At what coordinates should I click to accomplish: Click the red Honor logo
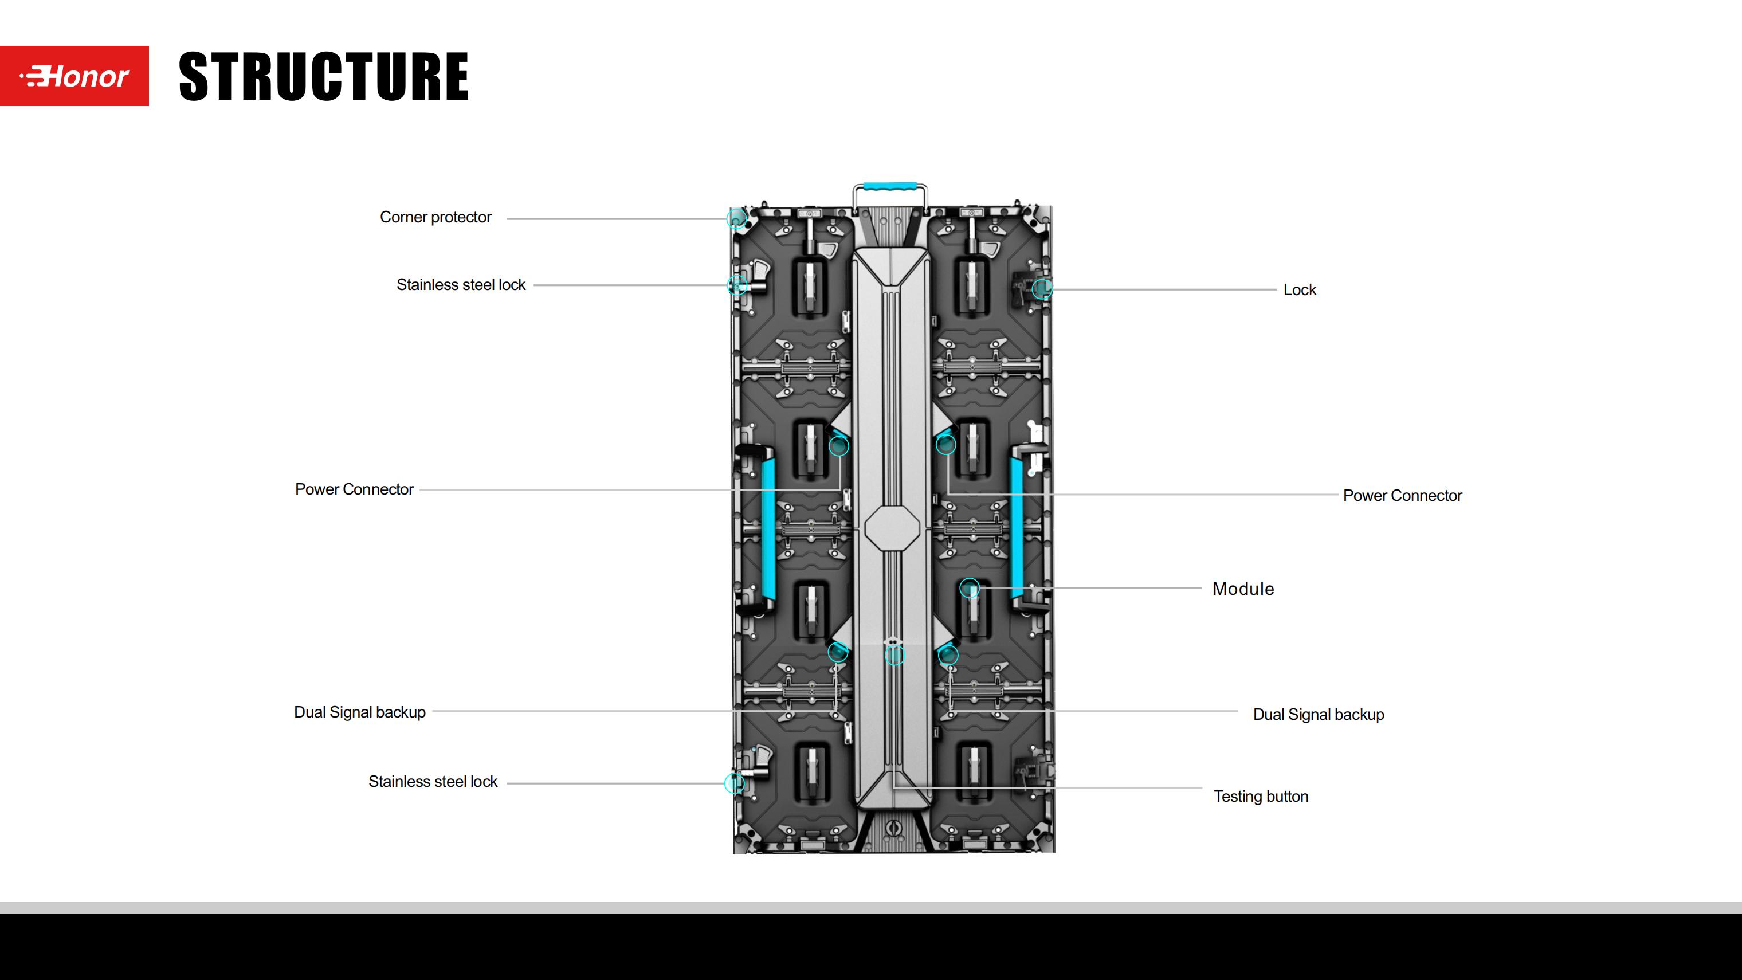(74, 76)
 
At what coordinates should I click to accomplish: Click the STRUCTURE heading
(323, 76)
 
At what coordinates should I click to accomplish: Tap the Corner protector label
(435, 217)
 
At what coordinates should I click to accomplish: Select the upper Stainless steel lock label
(461, 285)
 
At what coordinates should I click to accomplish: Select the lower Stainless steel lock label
(433, 782)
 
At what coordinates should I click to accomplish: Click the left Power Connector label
(354, 489)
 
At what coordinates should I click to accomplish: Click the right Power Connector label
(1402, 496)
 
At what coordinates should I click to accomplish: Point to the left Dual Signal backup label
(360, 712)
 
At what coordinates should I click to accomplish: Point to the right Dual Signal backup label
(1318, 715)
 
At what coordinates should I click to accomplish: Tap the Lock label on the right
(1299, 290)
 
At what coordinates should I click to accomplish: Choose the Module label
(1243, 589)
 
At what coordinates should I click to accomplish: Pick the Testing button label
(1261, 797)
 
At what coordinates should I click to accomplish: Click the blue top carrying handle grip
(889, 185)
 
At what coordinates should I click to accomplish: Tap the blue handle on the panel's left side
(767, 527)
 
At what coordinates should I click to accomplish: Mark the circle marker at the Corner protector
(736, 218)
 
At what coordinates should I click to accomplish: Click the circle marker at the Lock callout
(1042, 289)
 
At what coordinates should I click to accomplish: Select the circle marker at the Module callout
(970, 588)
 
